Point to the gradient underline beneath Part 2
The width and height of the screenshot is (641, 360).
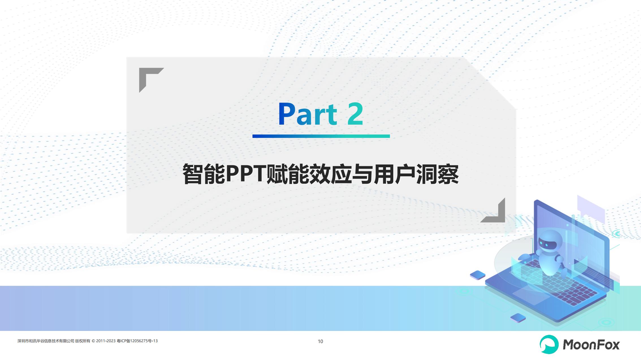point(321,136)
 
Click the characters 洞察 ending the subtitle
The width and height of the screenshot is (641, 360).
point(437,174)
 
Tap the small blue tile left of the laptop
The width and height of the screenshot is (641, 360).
point(478,275)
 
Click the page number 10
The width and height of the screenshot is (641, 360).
point(320,341)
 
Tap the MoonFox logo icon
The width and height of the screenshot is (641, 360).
point(549,344)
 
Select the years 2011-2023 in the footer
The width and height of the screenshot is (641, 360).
point(106,341)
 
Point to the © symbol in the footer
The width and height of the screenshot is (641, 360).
point(93,341)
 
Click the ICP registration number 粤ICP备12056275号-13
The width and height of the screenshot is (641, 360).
point(137,341)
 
